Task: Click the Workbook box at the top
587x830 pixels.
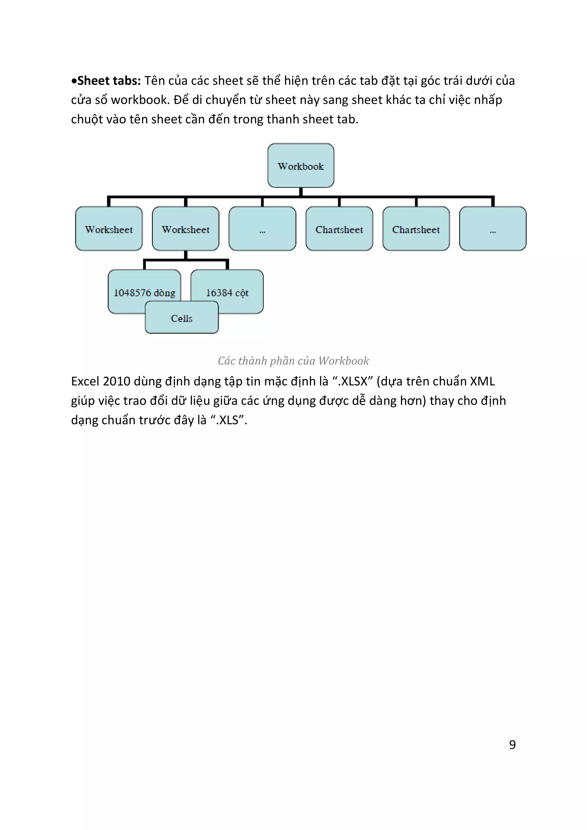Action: [x=301, y=165]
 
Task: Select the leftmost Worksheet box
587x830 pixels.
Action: [x=109, y=229]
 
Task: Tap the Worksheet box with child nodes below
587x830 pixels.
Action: [x=185, y=229]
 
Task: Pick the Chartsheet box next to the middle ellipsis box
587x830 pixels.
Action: [x=339, y=229]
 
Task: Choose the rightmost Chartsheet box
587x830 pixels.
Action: [x=416, y=229]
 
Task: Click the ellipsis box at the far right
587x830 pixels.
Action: [x=493, y=229]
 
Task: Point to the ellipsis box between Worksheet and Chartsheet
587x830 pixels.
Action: [x=263, y=229]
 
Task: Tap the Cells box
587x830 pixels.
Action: [x=181, y=318]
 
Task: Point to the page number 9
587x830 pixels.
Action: [x=512, y=745]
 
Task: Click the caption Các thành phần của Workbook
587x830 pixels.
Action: [x=293, y=361]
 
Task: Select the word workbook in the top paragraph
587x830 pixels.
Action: [x=140, y=100]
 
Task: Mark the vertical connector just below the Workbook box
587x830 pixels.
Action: [x=301, y=192]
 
